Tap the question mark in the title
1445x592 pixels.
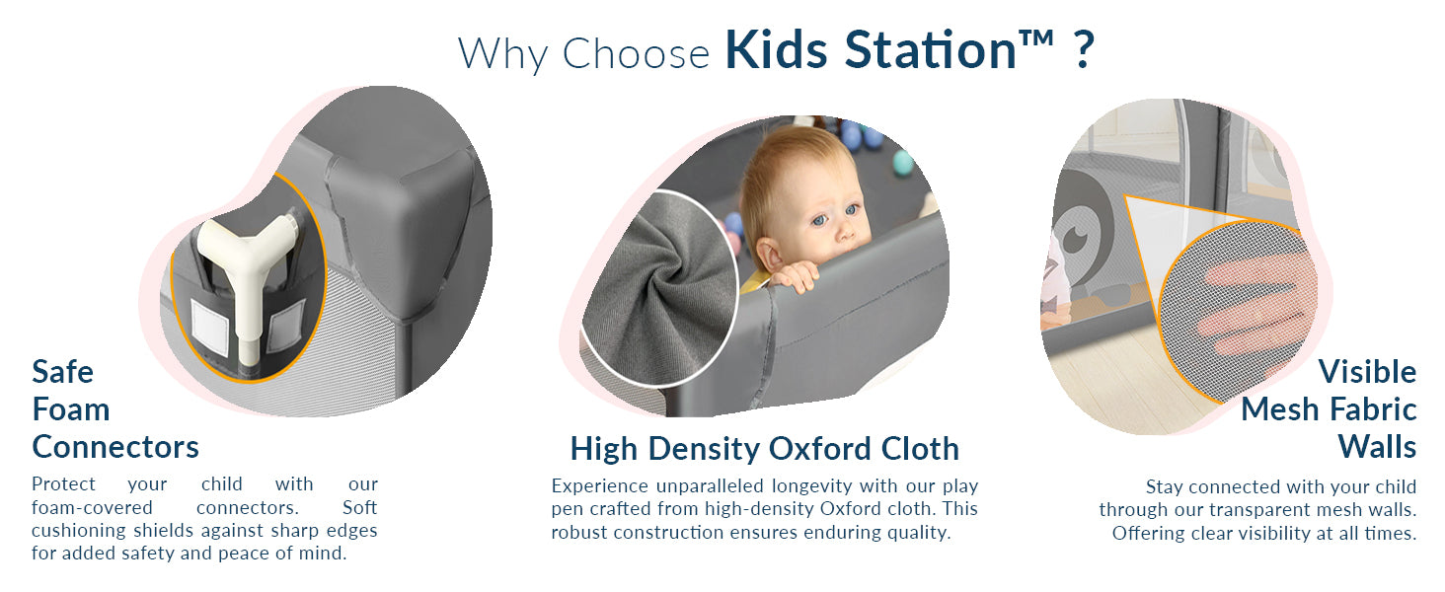click(x=1085, y=49)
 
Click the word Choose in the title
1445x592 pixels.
click(x=636, y=53)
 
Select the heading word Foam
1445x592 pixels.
click(x=71, y=409)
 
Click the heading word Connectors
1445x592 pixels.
click(x=115, y=447)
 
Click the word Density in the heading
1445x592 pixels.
click(x=705, y=450)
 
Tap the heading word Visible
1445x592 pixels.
click(x=1367, y=372)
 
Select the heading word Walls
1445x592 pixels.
click(x=1377, y=447)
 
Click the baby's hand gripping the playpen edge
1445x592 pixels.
click(x=795, y=275)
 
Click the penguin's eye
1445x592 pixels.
click(x=1076, y=239)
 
